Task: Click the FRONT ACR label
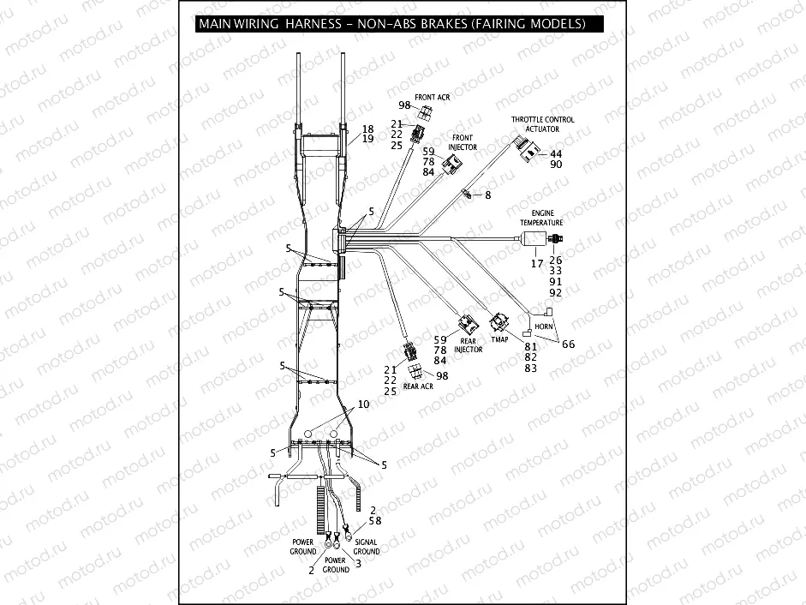pos(432,98)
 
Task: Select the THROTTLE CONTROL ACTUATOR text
pos(542,124)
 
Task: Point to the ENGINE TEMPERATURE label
pos(540,217)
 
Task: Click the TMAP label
pos(499,339)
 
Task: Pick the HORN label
pos(541,327)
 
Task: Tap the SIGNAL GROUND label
pos(367,547)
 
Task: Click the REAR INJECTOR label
pos(469,345)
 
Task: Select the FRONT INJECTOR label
pos(463,142)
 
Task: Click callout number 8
pos(487,196)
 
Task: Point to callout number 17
pos(536,264)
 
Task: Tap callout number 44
pos(555,153)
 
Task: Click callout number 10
pos(363,404)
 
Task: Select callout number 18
pos(367,129)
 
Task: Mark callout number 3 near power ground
pos(357,563)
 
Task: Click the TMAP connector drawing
pos(499,323)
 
